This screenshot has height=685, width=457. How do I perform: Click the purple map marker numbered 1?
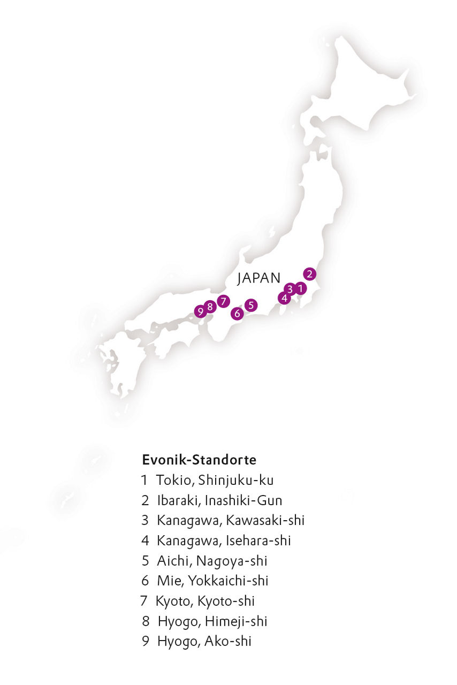(x=301, y=289)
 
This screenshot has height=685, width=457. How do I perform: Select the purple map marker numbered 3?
(x=290, y=289)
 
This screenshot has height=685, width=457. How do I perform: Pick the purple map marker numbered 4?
(x=284, y=298)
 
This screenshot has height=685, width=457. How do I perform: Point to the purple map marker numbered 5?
(x=251, y=305)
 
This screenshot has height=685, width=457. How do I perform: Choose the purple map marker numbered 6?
(x=237, y=314)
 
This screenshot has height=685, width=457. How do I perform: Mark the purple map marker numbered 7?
(x=223, y=301)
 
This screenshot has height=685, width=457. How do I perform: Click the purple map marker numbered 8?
(x=210, y=307)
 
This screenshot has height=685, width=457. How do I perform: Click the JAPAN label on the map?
(x=259, y=278)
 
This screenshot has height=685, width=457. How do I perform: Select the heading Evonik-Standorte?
(x=199, y=460)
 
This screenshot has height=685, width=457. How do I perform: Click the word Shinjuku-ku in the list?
(x=236, y=481)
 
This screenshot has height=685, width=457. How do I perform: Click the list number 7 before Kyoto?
(x=143, y=601)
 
